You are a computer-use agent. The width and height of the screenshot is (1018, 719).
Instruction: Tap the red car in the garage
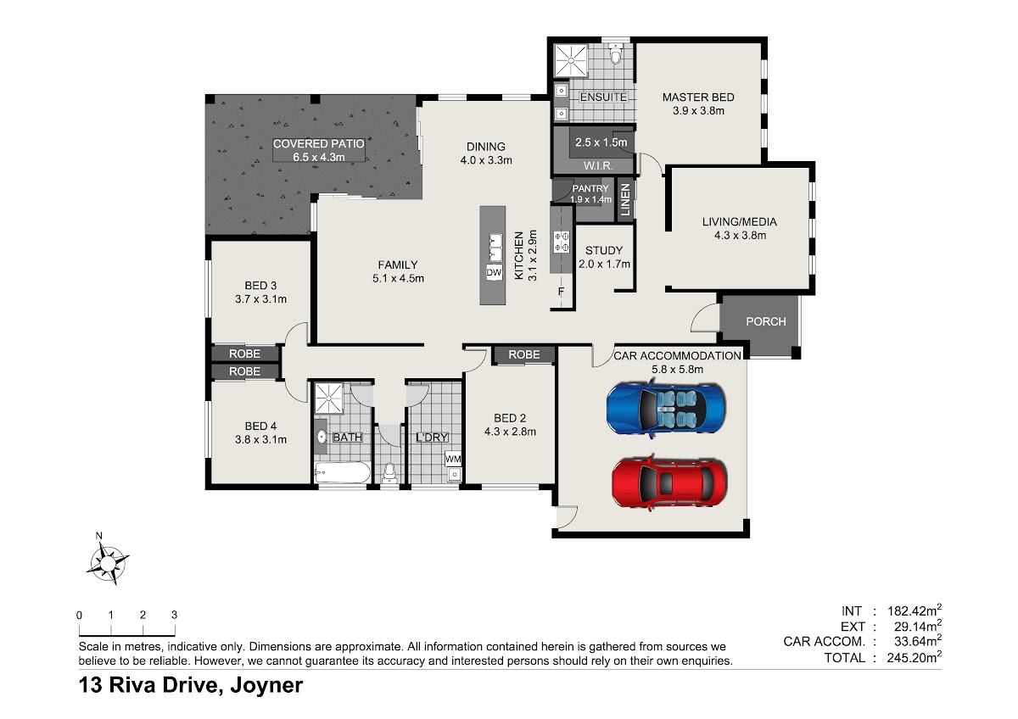(x=669, y=483)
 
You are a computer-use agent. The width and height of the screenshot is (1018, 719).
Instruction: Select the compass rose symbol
(x=108, y=564)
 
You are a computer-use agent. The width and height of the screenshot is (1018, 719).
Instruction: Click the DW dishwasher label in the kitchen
(x=494, y=272)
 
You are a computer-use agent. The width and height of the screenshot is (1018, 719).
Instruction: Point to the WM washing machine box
(x=453, y=460)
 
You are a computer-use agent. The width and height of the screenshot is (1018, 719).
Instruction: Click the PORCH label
(x=766, y=321)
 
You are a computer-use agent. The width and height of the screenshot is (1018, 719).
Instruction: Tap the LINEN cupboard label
(x=625, y=200)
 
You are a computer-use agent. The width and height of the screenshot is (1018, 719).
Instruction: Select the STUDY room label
(x=603, y=250)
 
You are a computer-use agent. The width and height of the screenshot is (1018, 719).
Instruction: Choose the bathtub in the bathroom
(x=343, y=472)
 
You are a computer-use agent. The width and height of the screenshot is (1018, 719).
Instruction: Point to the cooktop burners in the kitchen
(x=562, y=241)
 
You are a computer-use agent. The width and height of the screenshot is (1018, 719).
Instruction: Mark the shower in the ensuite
(x=571, y=60)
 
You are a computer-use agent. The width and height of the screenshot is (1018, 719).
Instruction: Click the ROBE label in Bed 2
(x=524, y=354)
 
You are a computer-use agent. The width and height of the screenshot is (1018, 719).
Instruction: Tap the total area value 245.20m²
(x=914, y=657)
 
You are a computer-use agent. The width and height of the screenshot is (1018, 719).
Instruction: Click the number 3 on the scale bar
(x=174, y=615)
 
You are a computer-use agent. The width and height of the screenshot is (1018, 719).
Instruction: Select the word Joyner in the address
(x=266, y=685)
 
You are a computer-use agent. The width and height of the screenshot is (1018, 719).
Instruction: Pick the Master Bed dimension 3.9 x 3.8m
(x=698, y=111)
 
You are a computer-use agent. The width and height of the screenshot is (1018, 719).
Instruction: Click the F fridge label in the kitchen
(x=561, y=292)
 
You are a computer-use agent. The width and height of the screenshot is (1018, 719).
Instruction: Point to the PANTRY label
(x=590, y=188)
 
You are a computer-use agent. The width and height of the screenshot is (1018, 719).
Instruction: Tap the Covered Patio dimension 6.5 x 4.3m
(x=319, y=157)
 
